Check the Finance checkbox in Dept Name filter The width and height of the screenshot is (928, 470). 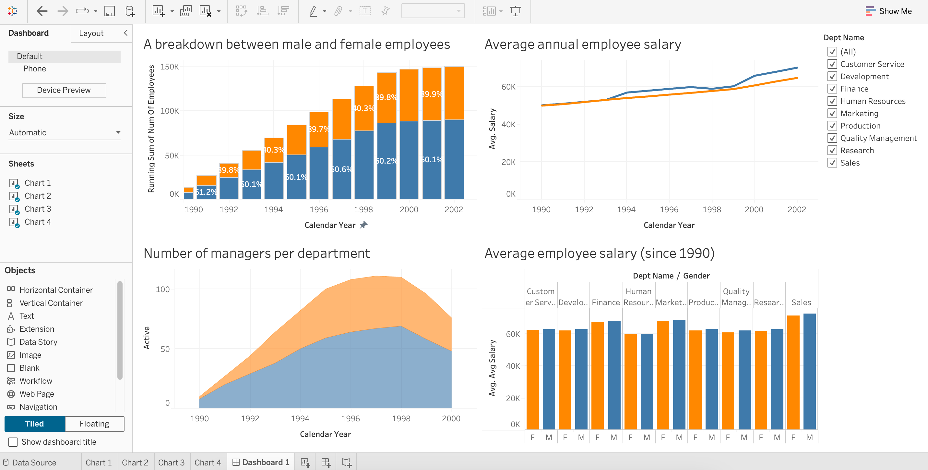pyautogui.click(x=832, y=89)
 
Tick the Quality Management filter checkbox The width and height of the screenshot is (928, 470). pyautogui.click(x=832, y=138)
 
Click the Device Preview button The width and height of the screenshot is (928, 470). pyautogui.click(x=64, y=90)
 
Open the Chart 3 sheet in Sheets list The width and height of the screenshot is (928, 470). pyautogui.click(x=38, y=209)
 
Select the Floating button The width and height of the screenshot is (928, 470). pyautogui.click(x=94, y=424)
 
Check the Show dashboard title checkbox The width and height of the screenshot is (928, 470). pyautogui.click(x=13, y=442)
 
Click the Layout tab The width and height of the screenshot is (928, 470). pyautogui.click(x=91, y=33)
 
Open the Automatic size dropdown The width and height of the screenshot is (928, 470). pyautogui.click(x=64, y=132)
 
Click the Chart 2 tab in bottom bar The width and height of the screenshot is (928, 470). pyautogui.click(x=135, y=463)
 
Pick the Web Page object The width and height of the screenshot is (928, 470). pyautogui.click(x=36, y=394)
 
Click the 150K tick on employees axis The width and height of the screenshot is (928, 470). pyautogui.click(x=169, y=67)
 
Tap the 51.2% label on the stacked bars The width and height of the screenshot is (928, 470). pyautogui.click(x=206, y=192)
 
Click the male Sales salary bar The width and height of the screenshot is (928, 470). pyautogui.click(x=809, y=372)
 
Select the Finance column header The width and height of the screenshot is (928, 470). pyautogui.click(x=606, y=302)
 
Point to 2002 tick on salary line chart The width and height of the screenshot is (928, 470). pyautogui.click(x=796, y=210)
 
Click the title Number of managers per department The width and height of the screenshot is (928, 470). pyautogui.click(x=256, y=253)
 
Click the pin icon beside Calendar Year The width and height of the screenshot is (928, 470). pyautogui.click(x=363, y=225)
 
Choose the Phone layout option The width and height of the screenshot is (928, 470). pyautogui.click(x=35, y=68)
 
